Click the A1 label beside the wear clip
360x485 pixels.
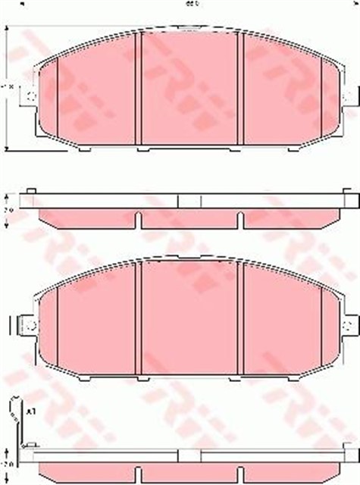[x=30, y=411]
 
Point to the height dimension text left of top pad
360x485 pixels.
[x=8, y=89]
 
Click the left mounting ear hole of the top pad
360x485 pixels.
[x=28, y=96]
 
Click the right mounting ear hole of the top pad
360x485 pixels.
[x=348, y=96]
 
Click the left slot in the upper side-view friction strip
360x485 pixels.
[x=137, y=220]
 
